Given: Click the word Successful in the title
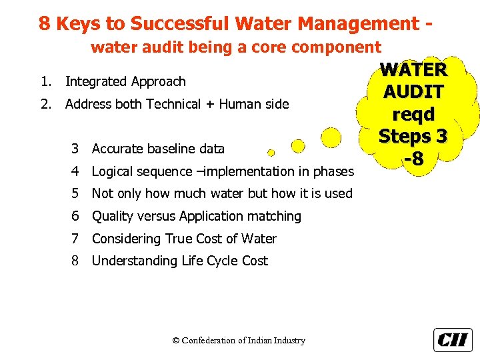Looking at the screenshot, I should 170,24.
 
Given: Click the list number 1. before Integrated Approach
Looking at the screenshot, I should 45,81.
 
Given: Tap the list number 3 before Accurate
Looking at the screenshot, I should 76,149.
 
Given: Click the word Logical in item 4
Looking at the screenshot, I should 114,171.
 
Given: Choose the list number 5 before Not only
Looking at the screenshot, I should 76,194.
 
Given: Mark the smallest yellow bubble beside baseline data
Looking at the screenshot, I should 270,153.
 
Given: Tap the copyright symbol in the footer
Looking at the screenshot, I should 176,341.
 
